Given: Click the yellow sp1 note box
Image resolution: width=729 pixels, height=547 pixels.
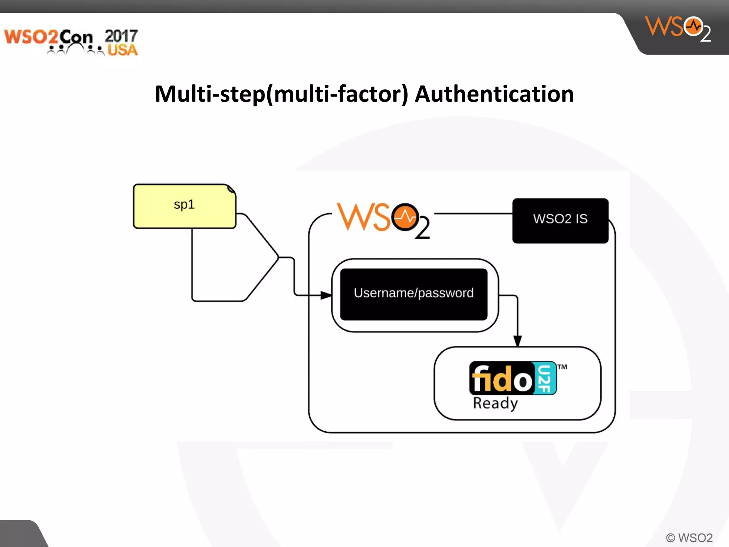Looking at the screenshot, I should pos(184,206).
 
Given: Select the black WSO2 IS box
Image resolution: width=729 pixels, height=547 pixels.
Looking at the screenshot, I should pos(560,220).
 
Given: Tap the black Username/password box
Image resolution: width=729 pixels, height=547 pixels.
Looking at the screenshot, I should pos(414,294).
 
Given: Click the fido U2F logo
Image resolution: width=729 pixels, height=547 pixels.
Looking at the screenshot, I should pos(513,378).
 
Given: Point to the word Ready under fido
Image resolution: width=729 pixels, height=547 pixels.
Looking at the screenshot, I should pos(495,403).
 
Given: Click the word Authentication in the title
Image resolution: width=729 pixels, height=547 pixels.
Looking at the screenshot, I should pos(494,94).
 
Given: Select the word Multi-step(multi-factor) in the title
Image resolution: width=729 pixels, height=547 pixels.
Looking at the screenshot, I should pos(282,94).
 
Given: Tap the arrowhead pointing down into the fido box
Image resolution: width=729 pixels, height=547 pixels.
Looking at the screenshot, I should pos(518,341).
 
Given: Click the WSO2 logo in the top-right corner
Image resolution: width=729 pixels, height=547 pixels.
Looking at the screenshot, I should pos(678,28).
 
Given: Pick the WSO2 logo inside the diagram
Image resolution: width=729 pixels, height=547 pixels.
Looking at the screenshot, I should pos(383,220).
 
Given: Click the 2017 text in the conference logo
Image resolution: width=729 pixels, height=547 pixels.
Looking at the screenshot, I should pos(121,36).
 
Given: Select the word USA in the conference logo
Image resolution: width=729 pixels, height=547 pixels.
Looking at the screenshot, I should pos(122,50).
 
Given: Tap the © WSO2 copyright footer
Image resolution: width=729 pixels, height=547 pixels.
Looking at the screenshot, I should pos(689,537).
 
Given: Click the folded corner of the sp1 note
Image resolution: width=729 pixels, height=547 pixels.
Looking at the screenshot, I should pos(231,189).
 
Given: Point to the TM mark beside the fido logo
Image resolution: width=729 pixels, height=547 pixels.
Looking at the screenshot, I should pos(562,367).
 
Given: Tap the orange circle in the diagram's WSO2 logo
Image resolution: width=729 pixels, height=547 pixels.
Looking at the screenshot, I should pos(405,217).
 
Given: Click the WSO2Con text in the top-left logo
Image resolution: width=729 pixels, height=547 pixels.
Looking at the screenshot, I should pos(48,37).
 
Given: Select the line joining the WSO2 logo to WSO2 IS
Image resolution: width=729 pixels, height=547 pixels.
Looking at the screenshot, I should pos(473,214).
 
